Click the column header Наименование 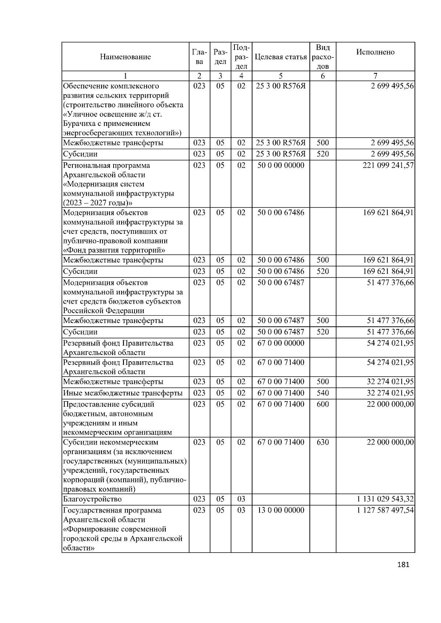coord(125,57)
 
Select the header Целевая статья coord(280,57)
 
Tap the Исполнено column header coord(375,52)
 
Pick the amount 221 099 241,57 coord(388,166)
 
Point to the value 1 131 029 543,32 coord(385,499)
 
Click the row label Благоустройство coord(92,499)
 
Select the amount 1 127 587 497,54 coord(385,511)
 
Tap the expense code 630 coord(323,442)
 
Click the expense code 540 coord(323,393)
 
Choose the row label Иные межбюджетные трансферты coord(123,393)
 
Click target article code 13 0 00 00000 coord(281,511)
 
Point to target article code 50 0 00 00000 coord(281,166)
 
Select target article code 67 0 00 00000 coord(281,343)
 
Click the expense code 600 coord(323,405)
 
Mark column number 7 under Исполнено coord(375,76)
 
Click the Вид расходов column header coord(323,57)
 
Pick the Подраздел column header coord(241,57)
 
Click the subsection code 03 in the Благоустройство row coord(241,499)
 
